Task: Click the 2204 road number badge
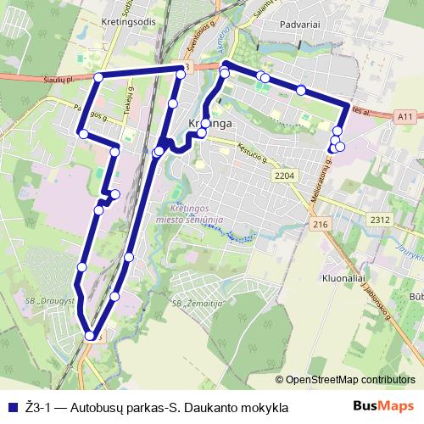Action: pos(284,175)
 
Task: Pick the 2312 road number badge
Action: pos(380,220)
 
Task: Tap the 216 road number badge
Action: pos(320,224)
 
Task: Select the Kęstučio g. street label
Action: pos(252,155)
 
